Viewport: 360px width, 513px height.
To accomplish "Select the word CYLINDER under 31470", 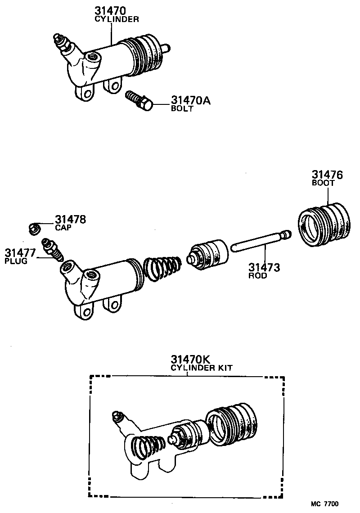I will pyautogui.click(x=117, y=19).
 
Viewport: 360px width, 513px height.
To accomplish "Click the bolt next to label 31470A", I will pyautogui.click(x=139, y=101).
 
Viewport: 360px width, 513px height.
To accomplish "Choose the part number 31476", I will pyautogui.click(x=327, y=175).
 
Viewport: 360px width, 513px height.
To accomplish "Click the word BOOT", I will pyautogui.click(x=323, y=184).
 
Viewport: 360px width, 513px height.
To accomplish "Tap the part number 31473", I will pyautogui.click(x=264, y=268).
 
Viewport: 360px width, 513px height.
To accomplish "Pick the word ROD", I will pyautogui.click(x=257, y=276).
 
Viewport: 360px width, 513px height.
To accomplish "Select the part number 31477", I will pyautogui.click(x=20, y=252).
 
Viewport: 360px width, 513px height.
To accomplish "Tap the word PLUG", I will pyautogui.click(x=16, y=261).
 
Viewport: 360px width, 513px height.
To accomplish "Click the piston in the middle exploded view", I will pyautogui.click(x=208, y=255).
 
